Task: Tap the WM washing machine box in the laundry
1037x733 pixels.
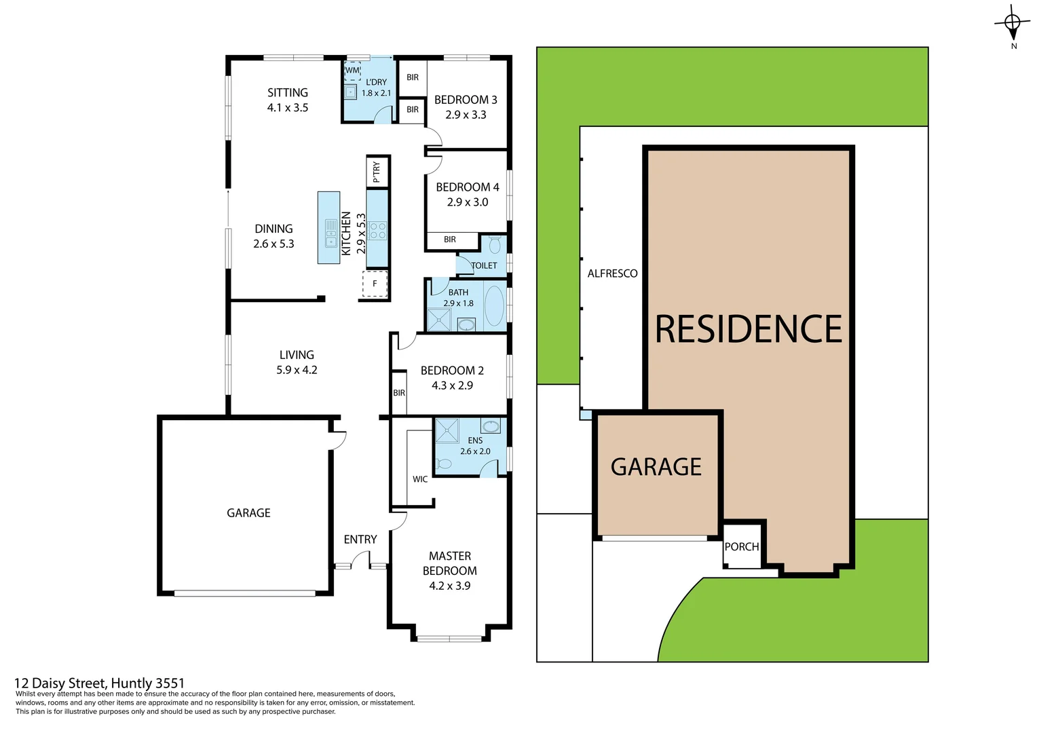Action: pos(352,71)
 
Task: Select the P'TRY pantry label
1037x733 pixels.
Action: pos(377,172)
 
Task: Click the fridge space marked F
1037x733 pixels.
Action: pos(375,284)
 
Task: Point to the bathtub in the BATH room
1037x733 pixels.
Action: pos(494,307)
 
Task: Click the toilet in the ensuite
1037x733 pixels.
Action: pos(445,464)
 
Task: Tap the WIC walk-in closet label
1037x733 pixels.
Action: pos(420,479)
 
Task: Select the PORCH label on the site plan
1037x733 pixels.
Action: pos(741,546)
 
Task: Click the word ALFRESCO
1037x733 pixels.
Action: pos(612,274)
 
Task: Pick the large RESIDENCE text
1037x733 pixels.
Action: pos(748,329)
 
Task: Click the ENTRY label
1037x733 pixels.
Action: pos(360,540)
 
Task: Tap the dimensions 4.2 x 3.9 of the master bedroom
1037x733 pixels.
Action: pos(449,586)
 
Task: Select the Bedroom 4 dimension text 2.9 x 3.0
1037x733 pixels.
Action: pos(467,202)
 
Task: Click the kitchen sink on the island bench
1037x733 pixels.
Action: pos(331,233)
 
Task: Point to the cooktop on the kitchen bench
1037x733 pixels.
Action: pos(377,231)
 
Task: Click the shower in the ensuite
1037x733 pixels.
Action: pos(447,431)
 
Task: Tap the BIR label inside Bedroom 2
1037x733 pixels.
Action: pos(399,393)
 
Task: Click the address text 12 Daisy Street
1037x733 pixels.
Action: pos(99,683)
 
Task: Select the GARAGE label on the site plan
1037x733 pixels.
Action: pos(656,467)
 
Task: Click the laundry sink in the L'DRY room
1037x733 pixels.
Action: pos(350,92)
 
